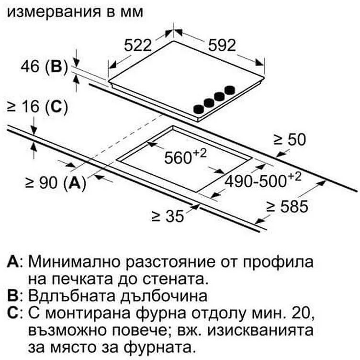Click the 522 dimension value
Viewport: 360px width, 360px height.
pyautogui.click(x=138, y=45)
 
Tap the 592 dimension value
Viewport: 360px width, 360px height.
pyautogui.click(x=222, y=45)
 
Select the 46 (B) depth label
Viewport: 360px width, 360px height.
pyautogui.click(x=45, y=67)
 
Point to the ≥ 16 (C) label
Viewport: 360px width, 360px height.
pyautogui.click(x=38, y=107)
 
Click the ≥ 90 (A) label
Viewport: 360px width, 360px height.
pyautogui.click(x=56, y=183)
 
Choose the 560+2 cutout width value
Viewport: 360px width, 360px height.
pyautogui.click(x=186, y=156)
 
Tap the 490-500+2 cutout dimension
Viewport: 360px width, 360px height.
pyautogui.click(x=263, y=180)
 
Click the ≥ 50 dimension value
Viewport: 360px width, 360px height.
pyautogui.click(x=290, y=139)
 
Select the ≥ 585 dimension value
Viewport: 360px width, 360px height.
pyautogui.click(x=287, y=206)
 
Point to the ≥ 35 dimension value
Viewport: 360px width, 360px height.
pyautogui.click(x=168, y=216)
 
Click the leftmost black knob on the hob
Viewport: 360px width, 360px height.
pyautogui.click(x=199, y=109)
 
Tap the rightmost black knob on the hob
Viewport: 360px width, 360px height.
pyautogui.click(x=230, y=90)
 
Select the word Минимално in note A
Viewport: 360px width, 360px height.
pyautogui.click(x=74, y=262)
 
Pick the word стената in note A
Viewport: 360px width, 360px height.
pyautogui.click(x=174, y=279)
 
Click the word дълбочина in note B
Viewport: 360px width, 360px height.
pyautogui.click(x=164, y=296)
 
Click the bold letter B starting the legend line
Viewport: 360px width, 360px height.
pyautogui.click(x=12, y=295)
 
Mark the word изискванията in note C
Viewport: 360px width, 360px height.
pyautogui.click(x=260, y=330)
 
